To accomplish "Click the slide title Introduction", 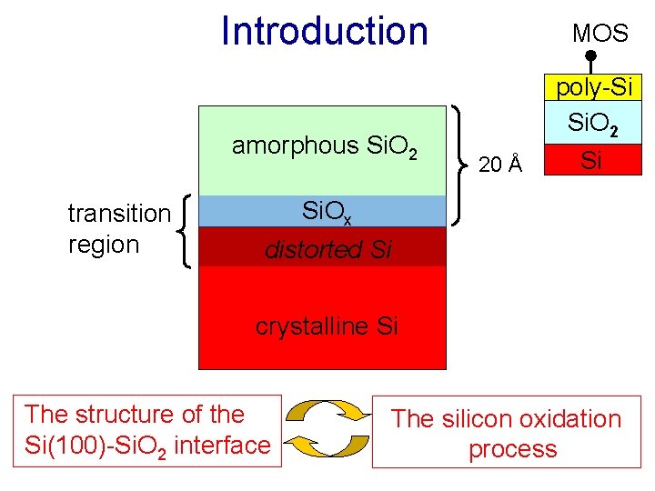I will [x=324, y=31].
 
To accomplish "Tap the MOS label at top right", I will [x=600, y=34].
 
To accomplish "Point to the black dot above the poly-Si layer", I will [x=589, y=56].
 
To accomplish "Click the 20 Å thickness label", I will [x=500, y=165].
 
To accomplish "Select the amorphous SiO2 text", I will [x=324, y=146].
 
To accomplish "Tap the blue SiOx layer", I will [x=323, y=211].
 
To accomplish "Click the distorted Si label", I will [x=327, y=249].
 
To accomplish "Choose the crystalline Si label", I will [x=326, y=326].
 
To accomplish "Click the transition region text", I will [x=118, y=228].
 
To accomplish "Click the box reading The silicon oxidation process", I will [x=506, y=433].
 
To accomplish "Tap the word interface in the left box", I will [x=227, y=445].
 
